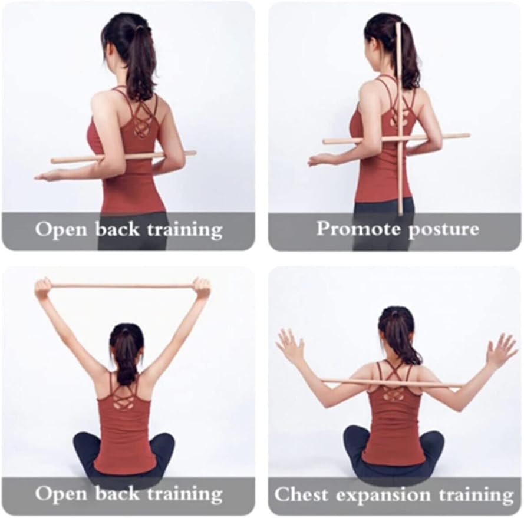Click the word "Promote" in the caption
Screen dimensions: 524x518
pos(358,229)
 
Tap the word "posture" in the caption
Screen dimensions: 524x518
pos(444,230)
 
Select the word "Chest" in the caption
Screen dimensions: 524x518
pos(301,494)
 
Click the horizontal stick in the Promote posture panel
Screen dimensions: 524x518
pos(396,138)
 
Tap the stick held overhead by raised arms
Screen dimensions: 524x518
pos(123,286)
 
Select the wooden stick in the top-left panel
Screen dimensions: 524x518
pos(123,157)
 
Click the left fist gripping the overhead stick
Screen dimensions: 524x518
pos(43,287)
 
